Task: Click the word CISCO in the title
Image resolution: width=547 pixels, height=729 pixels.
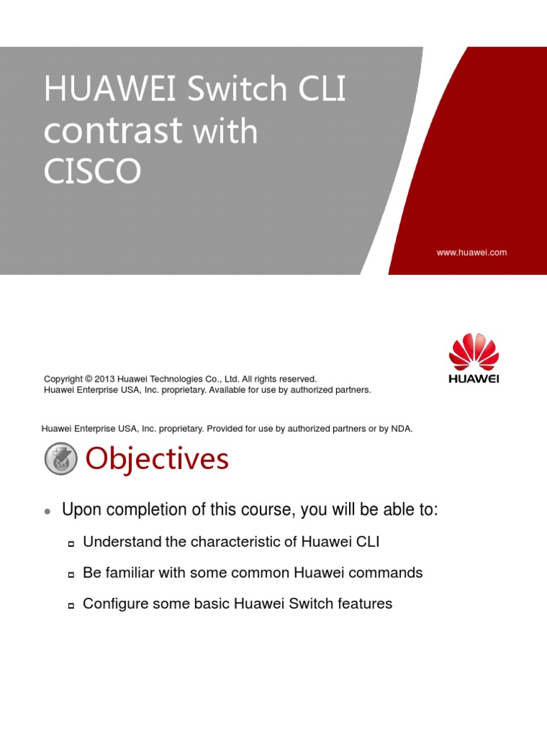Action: (93, 172)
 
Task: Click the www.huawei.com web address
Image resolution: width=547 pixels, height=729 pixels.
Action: (471, 252)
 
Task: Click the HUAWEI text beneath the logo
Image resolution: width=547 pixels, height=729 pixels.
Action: (474, 379)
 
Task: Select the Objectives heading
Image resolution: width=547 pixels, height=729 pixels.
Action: (157, 459)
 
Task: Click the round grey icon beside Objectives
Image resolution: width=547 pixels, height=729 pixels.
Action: (61, 459)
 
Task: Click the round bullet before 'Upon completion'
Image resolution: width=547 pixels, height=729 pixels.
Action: (47, 512)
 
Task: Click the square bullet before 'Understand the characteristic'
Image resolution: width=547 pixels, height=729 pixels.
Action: (71, 544)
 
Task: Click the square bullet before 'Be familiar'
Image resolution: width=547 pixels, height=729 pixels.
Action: (71, 575)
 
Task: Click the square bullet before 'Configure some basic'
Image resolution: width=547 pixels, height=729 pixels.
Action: (71, 606)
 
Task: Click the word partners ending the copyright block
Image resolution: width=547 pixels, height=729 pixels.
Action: (352, 390)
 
